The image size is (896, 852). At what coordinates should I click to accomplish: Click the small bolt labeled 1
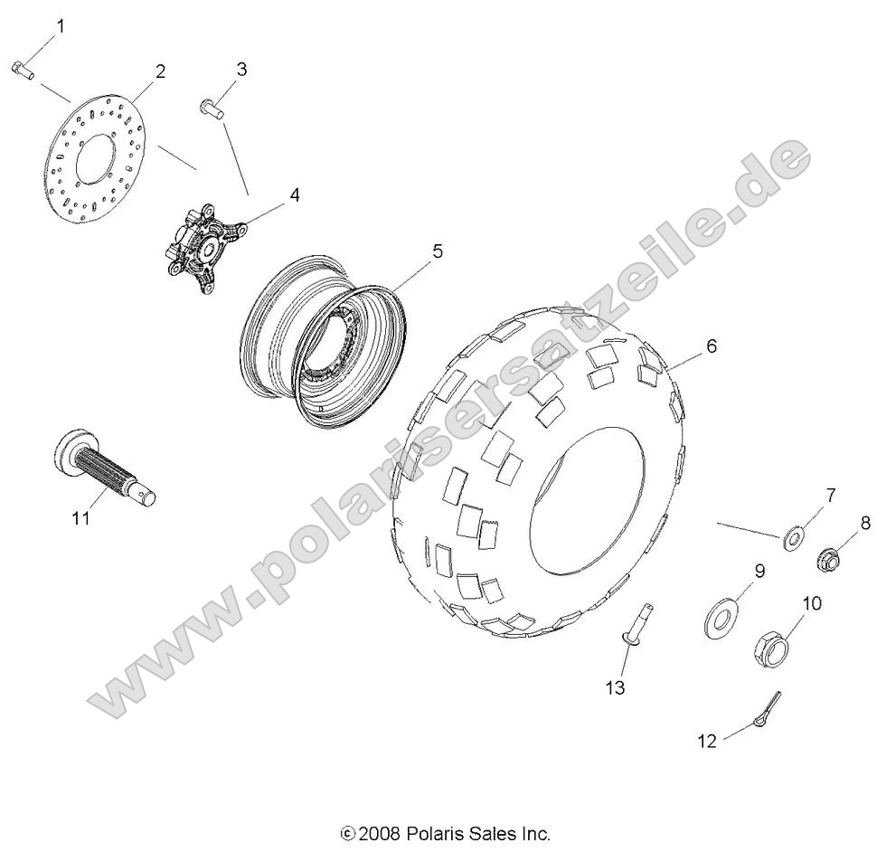click(23, 71)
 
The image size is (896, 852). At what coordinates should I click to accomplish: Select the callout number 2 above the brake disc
click(160, 71)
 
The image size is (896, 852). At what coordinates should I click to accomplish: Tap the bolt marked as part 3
click(212, 109)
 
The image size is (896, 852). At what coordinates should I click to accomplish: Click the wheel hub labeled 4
click(204, 250)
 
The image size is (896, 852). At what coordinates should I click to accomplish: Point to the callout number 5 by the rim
click(437, 251)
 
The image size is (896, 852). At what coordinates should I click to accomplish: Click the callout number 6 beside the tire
click(712, 346)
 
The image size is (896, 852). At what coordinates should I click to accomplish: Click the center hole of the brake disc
click(94, 159)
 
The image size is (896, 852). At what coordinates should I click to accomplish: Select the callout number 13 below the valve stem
click(616, 688)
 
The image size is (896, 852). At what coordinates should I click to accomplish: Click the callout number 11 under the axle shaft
click(81, 518)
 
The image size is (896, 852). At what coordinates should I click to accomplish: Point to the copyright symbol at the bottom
click(347, 834)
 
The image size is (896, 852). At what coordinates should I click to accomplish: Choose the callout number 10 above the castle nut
click(811, 603)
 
